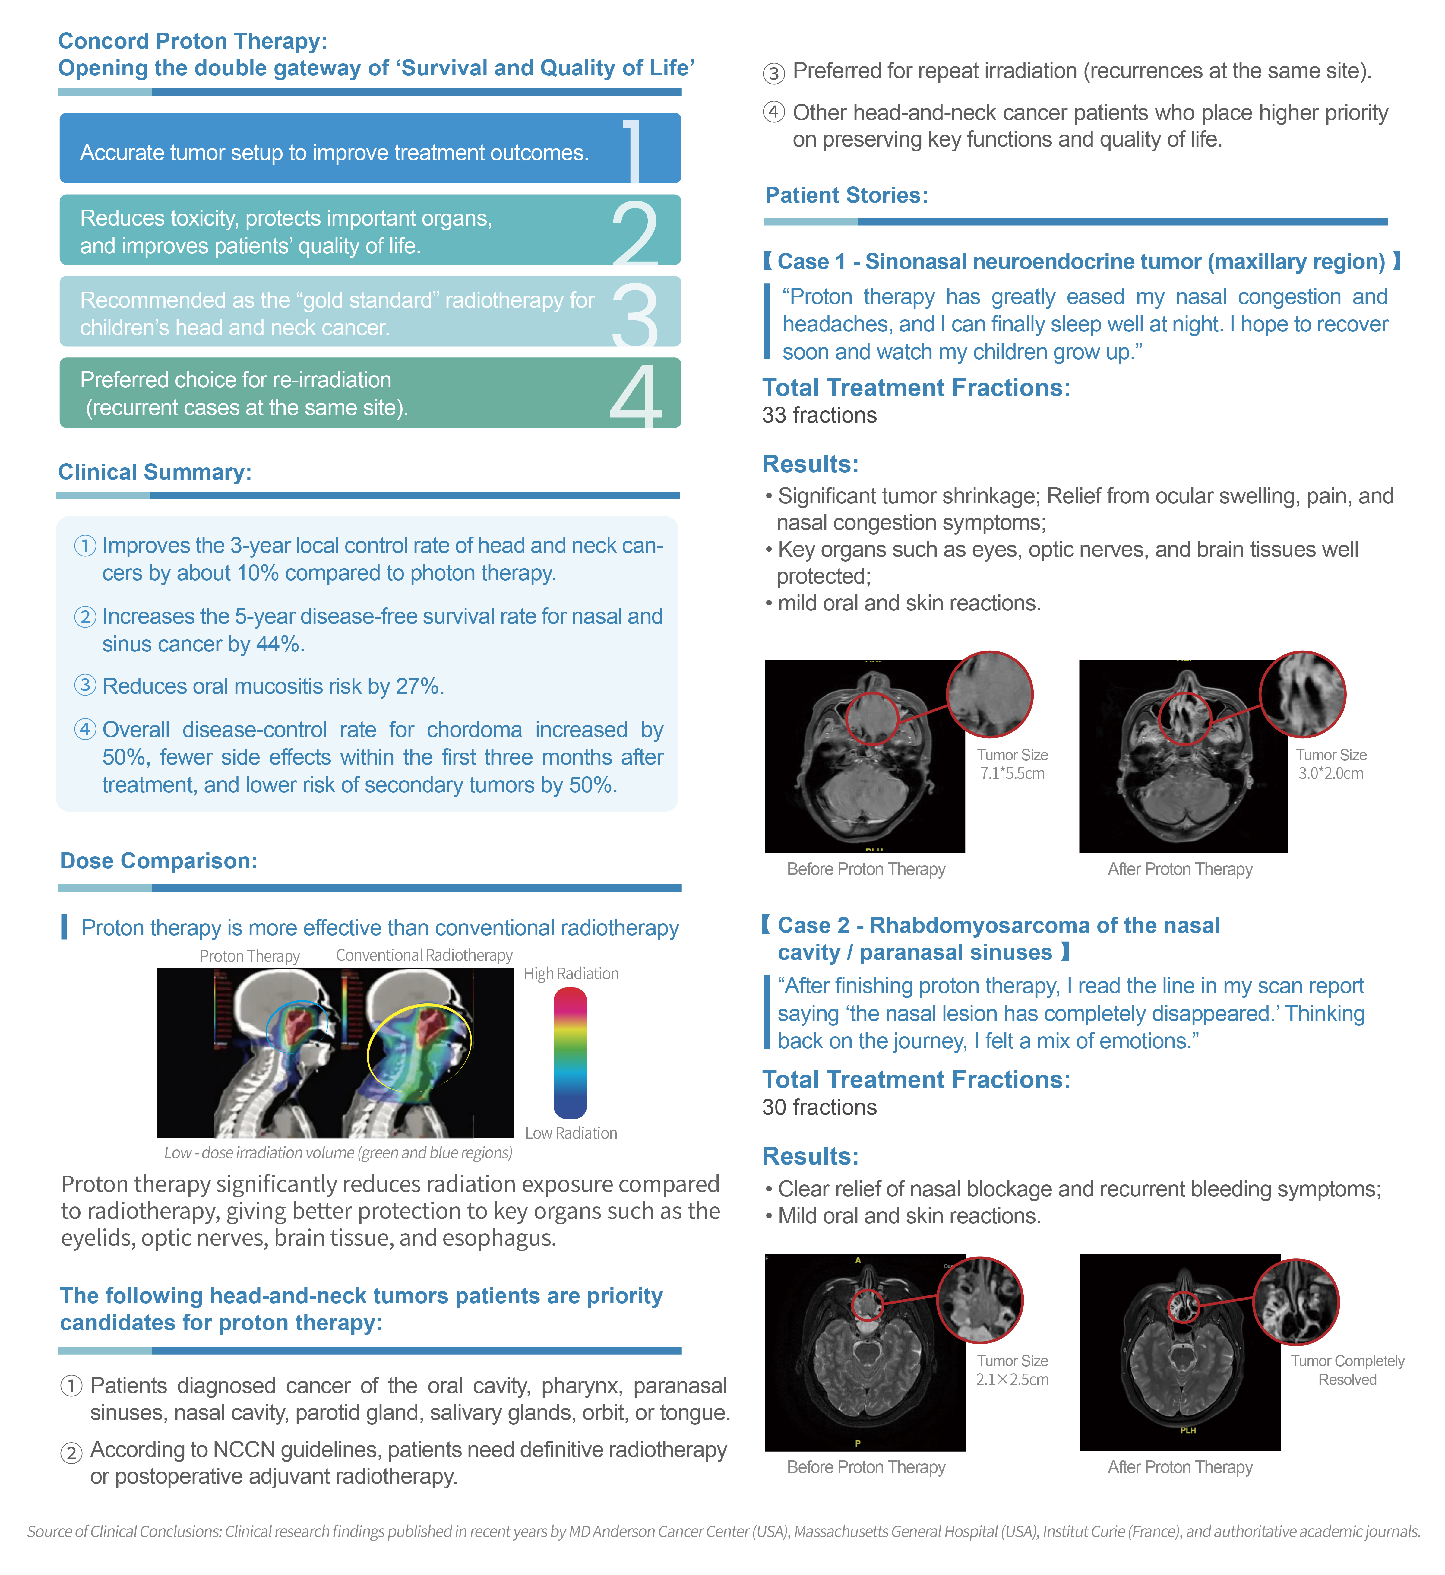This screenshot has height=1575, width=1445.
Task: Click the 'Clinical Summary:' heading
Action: (x=155, y=472)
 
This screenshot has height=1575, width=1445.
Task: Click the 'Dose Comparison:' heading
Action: (x=159, y=861)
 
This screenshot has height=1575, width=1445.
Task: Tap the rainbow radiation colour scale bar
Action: (x=570, y=1053)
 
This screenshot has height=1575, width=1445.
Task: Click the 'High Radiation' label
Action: (x=571, y=974)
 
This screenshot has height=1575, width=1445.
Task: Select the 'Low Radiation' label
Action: (x=571, y=1133)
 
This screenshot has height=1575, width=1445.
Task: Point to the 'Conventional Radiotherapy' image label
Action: (x=424, y=955)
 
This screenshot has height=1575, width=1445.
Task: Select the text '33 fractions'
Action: (x=820, y=415)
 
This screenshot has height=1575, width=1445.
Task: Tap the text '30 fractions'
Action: (x=820, y=1107)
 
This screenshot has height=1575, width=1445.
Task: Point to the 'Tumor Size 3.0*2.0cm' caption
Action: (x=1331, y=764)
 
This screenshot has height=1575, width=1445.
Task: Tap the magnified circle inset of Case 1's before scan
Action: (x=989, y=694)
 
